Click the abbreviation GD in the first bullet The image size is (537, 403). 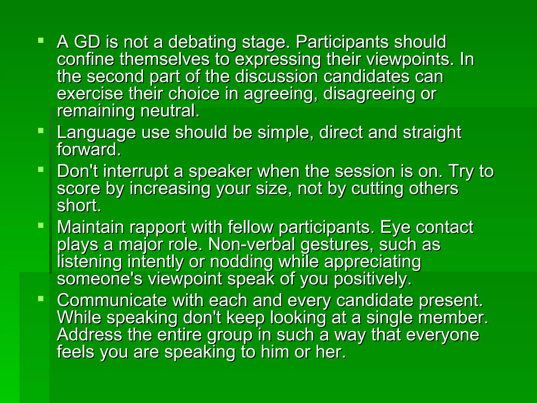point(87,42)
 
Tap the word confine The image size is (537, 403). point(85,59)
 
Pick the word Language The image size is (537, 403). point(96,133)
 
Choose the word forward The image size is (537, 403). point(89,150)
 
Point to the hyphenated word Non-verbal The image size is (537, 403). point(253,245)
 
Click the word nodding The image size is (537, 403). point(241,262)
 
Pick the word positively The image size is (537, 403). point(373,279)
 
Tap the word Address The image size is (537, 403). point(89,335)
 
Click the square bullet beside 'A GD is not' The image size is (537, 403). point(41,40)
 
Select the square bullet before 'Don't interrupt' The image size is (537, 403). point(41,169)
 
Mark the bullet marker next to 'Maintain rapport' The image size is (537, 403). point(41,225)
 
